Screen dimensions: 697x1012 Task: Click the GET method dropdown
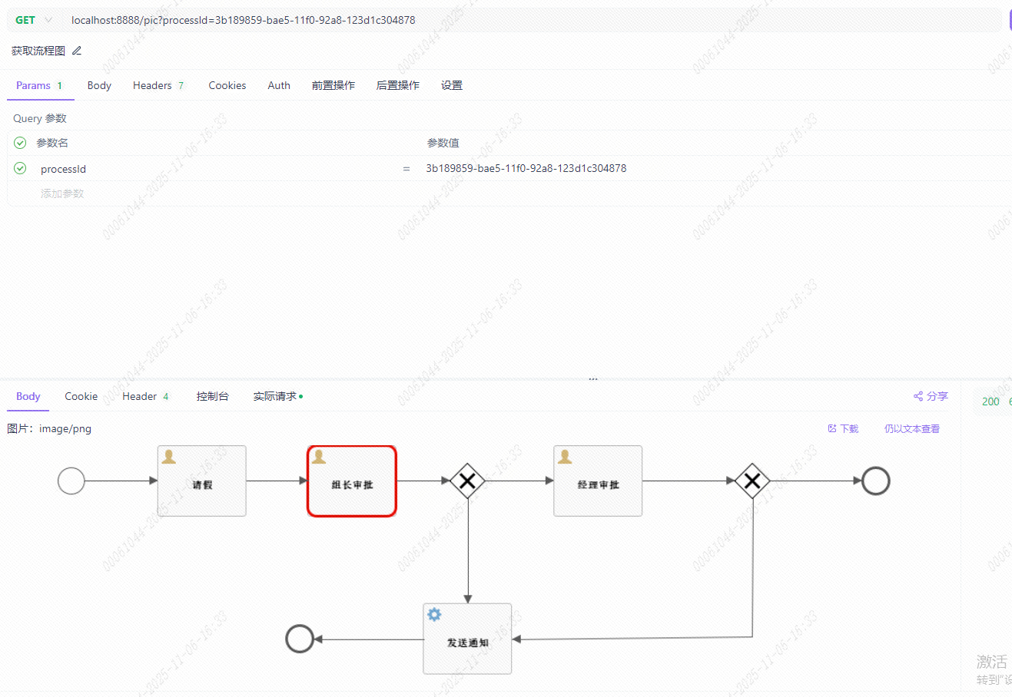(x=33, y=20)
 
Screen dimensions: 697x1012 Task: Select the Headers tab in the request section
(x=158, y=85)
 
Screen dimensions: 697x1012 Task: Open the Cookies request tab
(x=227, y=85)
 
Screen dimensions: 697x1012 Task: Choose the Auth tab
(x=279, y=85)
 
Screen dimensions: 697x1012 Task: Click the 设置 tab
(x=452, y=85)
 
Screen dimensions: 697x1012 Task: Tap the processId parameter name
(x=63, y=169)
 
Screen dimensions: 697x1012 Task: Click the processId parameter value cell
(x=526, y=168)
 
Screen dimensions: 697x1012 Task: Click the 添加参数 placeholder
(x=62, y=193)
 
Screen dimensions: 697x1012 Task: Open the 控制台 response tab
(x=212, y=396)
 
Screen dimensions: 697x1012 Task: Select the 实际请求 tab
(x=275, y=396)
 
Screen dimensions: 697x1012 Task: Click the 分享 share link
(x=931, y=396)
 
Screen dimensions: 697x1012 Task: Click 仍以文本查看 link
(x=911, y=428)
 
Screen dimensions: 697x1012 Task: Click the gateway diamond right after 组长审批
(x=467, y=481)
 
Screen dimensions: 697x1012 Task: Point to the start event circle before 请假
(x=71, y=481)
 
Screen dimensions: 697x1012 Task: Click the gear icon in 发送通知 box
(x=434, y=614)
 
